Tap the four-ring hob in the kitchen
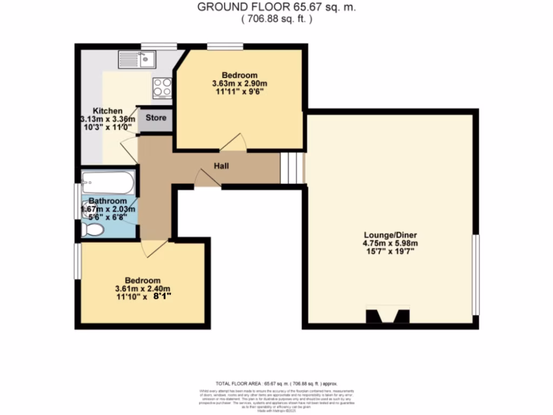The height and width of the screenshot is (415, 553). [x=163, y=88]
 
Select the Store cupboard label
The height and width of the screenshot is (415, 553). [x=156, y=118]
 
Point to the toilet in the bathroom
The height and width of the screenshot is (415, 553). [x=92, y=230]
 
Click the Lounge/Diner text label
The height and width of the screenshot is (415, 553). [x=390, y=235]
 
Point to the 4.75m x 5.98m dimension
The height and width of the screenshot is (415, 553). [x=390, y=244]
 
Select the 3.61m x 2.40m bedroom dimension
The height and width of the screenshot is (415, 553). [x=143, y=289]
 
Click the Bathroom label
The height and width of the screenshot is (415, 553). [x=108, y=201]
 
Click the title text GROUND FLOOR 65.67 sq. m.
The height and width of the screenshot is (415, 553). [x=276, y=7]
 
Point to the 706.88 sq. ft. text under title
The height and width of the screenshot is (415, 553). [x=276, y=19]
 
